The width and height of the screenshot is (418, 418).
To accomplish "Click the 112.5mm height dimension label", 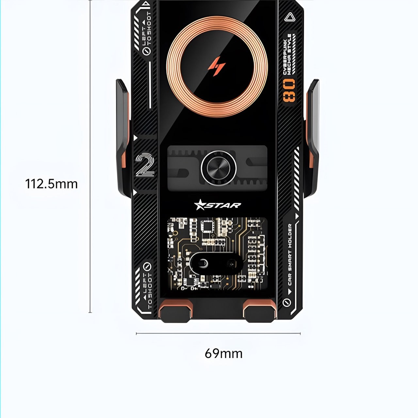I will tap(52, 184).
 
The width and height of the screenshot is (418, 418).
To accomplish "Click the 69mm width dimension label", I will tap(224, 353).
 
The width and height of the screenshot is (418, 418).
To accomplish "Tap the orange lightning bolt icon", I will tap(217, 66).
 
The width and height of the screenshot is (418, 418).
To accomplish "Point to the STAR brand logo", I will tap(217, 205).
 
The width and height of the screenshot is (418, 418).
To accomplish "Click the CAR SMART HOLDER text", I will tap(290, 254).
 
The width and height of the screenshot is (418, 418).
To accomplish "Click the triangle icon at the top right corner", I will tap(289, 17).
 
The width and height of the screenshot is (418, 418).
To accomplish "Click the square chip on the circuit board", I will tap(207, 226).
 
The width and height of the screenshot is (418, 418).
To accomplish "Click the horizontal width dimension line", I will tap(218, 333).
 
